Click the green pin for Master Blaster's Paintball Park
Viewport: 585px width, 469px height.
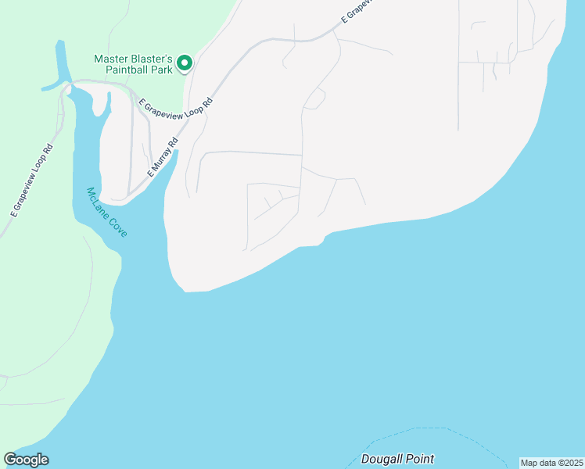click(185, 63)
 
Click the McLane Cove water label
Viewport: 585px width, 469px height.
click(106, 213)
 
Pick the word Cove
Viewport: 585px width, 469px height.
click(117, 226)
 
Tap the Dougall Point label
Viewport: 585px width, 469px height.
click(397, 459)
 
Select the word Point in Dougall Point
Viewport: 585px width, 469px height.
click(420, 459)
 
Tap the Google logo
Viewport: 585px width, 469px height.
click(26, 460)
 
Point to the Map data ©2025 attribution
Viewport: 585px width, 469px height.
click(552, 463)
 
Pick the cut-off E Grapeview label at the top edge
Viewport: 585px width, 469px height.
click(357, 11)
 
